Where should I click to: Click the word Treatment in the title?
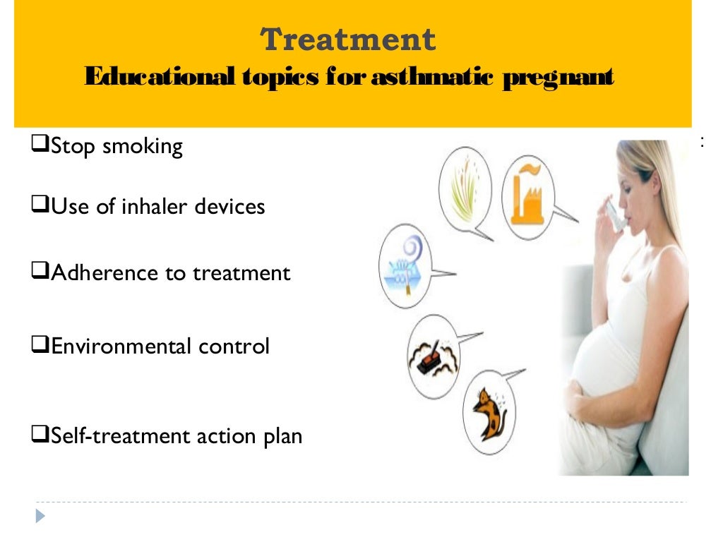click(x=348, y=40)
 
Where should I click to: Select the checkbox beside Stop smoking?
click(x=40, y=145)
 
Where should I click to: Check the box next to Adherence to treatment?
click(x=40, y=272)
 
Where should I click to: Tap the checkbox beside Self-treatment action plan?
click(x=40, y=435)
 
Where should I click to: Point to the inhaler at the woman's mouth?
click(x=617, y=215)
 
